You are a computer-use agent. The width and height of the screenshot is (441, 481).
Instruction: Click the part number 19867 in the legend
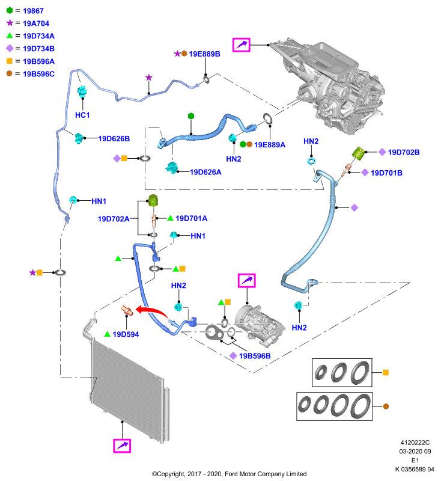click(33, 11)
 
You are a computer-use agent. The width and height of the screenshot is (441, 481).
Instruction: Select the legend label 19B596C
click(38, 74)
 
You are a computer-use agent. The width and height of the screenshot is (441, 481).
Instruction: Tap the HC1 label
click(82, 115)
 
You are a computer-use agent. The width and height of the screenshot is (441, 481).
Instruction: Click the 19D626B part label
click(114, 139)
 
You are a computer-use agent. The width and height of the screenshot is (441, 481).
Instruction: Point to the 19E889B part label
click(204, 54)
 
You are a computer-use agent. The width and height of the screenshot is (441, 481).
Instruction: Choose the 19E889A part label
click(270, 145)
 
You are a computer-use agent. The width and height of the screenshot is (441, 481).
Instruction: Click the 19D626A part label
click(205, 172)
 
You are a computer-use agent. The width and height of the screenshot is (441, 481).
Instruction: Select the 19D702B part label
click(404, 153)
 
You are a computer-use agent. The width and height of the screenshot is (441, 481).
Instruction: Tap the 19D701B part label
click(386, 173)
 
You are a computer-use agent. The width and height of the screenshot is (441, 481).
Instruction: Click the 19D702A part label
click(114, 219)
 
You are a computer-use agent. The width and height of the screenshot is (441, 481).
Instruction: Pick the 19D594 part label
click(126, 334)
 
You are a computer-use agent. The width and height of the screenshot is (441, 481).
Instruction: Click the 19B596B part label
click(255, 356)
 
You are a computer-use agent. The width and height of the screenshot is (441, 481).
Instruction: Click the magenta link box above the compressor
click(247, 281)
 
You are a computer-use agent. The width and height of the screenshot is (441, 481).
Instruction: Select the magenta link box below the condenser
click(122, 446)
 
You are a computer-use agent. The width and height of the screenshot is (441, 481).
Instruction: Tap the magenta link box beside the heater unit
click(241, 44)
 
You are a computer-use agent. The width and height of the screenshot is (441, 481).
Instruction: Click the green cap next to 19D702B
click(358, 153)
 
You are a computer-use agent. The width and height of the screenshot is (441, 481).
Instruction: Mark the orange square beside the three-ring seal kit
click(386, 372)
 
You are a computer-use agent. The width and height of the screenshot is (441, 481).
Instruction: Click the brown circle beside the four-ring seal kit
click(386, 406)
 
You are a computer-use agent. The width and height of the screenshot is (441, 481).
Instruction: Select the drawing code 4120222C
click(415, 443)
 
